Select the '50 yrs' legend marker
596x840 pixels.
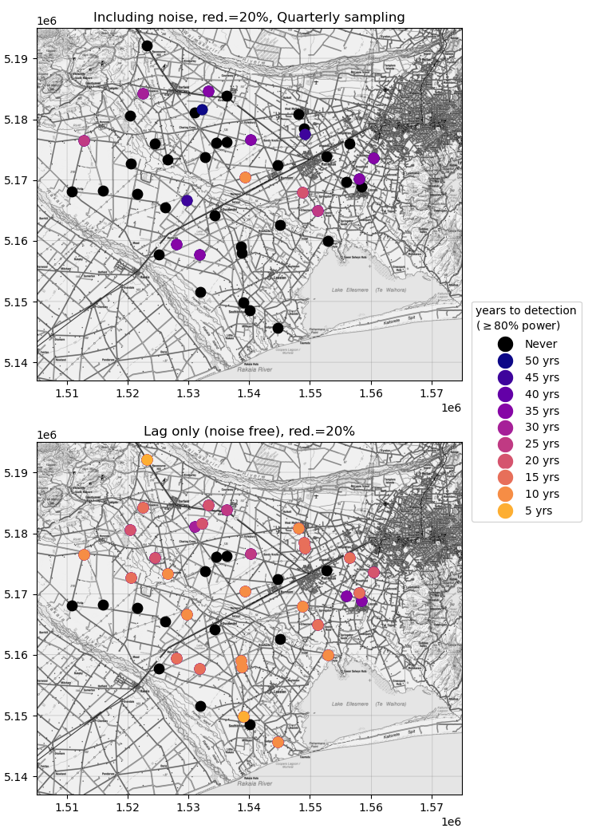click(x=505, y=361)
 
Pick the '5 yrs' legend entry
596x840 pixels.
click(x=505, y=511)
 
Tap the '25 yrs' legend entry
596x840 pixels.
click(x=505, y=444)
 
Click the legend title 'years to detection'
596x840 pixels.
click(x=526, y=311)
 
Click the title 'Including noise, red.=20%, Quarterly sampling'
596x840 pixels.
click(x=249, y=18)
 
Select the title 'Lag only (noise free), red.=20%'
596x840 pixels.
click(x=249, y=432)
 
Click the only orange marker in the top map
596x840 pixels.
click(x=245, y=177)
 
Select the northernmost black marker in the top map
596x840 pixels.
click(x=147, y=45)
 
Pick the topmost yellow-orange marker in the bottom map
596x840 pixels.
click(x=147, y=459)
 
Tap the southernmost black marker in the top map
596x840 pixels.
click(x=278, y=328)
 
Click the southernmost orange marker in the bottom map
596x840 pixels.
click(x=278, y=742)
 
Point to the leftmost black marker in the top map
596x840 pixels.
click(x=72, y=191)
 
